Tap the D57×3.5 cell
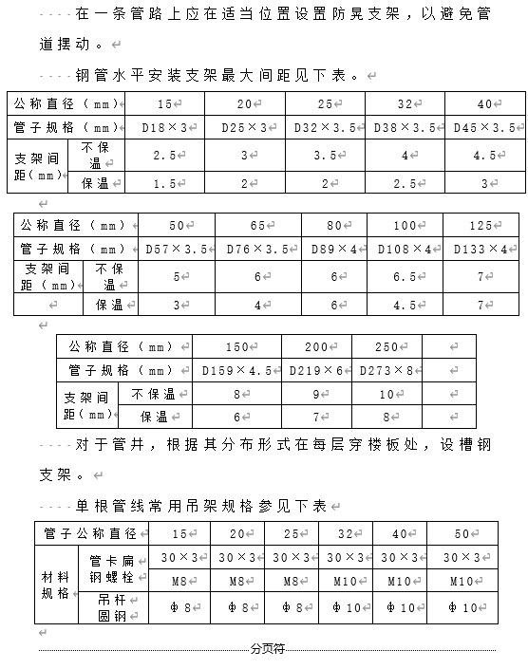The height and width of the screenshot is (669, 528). coord(177,250)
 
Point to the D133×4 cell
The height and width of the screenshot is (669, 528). coord(483,250)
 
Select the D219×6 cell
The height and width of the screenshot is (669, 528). coord(315,370)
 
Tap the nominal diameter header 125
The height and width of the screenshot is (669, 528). coord(483,226)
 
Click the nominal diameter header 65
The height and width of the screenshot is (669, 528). coord(256,226)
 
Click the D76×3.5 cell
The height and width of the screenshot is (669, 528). coord(256,250)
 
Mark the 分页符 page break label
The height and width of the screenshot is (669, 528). coord(267,650)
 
